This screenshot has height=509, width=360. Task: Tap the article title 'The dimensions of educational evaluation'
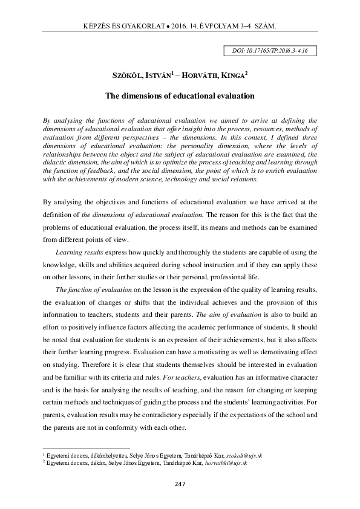tap(180, 96)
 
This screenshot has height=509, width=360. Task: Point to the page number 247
tap(180, 484)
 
